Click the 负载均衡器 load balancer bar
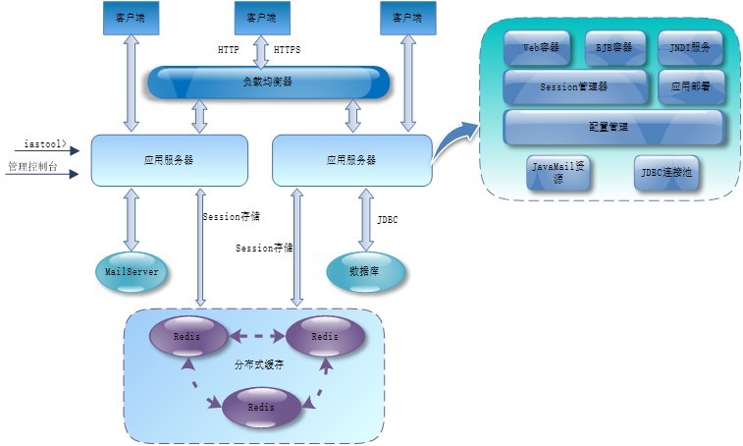coord(268,82)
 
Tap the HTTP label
coord(228,48)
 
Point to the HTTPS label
coord(288,48)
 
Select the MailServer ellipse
coord(131,270)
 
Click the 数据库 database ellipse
coord(364,270)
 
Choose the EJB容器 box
coord(615,46)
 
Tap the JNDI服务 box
coord(691,46)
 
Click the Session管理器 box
coord(575,86)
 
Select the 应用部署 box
coord(691,86)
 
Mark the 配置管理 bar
coord(613,127)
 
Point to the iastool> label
coord(45,144)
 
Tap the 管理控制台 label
coord(32,167)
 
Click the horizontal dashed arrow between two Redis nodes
coord(256,337)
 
